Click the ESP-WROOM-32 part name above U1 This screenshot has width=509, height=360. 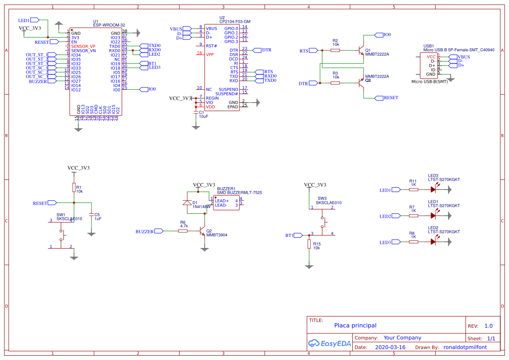pos(109,25)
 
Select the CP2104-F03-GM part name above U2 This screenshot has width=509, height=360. pos(235,21)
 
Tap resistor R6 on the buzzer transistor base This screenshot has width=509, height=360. pos(183,231)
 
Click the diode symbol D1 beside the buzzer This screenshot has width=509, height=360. pos(187,203)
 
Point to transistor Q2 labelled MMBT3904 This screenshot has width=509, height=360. pos(203,231)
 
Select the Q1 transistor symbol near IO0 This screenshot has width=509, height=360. pos(361,50)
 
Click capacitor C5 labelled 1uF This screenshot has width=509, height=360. pos(91,215)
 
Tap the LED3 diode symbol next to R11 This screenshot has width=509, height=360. pos(433,189)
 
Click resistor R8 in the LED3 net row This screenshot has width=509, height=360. pos(413,242)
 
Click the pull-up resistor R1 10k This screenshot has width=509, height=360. pos(74,187)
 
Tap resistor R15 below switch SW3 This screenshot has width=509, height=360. pos(309,244)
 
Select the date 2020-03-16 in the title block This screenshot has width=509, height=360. pos(390,347)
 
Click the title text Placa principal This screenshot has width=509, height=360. pos(355,325)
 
